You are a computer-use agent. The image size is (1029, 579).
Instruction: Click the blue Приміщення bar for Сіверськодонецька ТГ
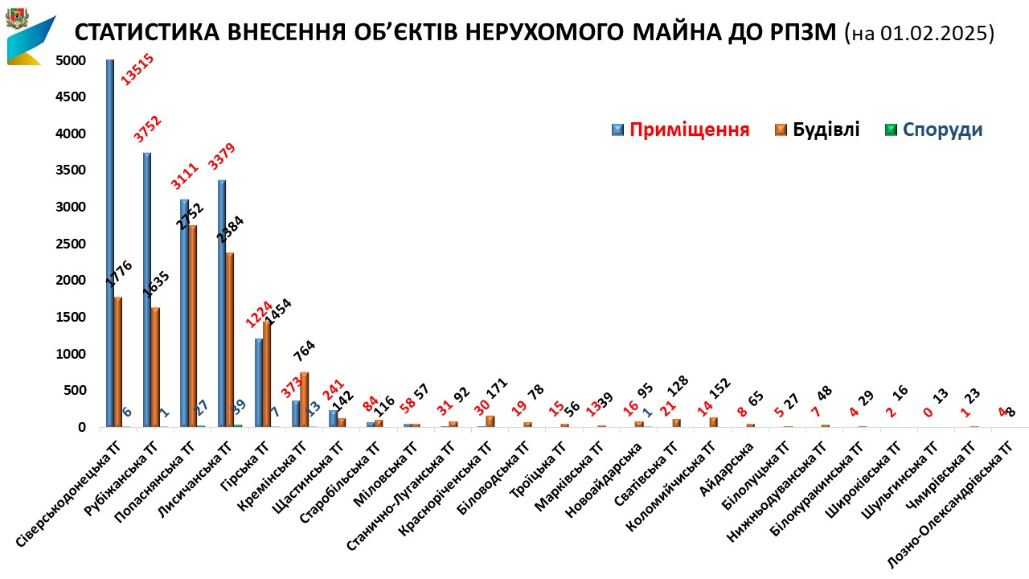[109, 241]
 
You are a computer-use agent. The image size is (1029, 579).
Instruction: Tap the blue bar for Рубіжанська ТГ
[147, 289]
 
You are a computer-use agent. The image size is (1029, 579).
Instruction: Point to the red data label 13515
[137, 68]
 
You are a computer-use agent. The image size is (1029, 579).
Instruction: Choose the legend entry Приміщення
[689, 130]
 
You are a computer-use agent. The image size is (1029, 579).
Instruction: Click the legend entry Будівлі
[826, 129]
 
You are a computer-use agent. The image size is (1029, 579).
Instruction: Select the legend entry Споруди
[942, 129]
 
